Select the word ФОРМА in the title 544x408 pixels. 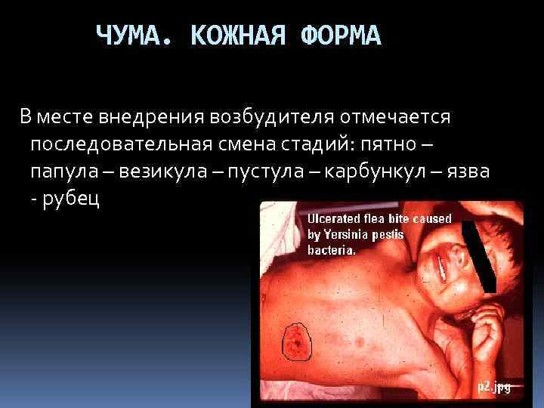point(339,36)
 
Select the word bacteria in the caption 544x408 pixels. point(331,250)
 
